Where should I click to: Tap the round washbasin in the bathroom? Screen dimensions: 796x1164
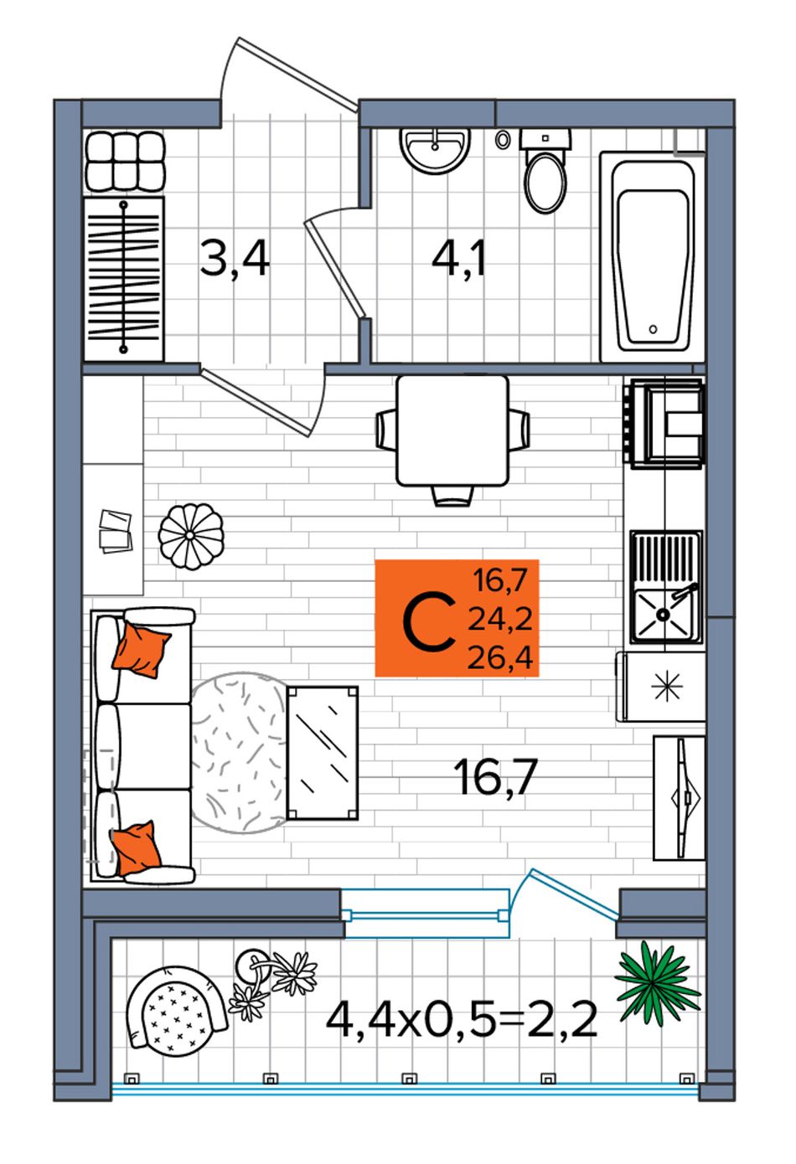click(x=435, y=150)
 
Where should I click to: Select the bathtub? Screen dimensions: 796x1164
click(x=653, y=256)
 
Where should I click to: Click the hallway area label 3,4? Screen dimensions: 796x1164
click(x=235, y=258)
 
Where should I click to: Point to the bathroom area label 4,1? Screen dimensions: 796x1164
click(x=458, y=257)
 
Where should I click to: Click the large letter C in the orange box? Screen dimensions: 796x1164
click(x=429, y=624)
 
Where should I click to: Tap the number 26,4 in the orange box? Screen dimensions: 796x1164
click(x=500, y=658)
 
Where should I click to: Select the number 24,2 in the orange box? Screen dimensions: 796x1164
click(x=500, y=619)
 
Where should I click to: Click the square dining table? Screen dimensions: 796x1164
click(x=452, y=430)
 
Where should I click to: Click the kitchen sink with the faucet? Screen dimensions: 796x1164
click(x=666, y=587)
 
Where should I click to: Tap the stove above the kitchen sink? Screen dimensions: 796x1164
click(x=664, y=423)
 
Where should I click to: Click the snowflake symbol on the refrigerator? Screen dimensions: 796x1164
click(x=666, y=687)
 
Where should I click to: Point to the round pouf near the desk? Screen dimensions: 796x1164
click(x=191, y=536)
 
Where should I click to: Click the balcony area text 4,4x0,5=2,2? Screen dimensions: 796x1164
click(x=461, y=1019)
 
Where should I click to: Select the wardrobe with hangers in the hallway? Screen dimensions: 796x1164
click(x=124, y=278)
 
